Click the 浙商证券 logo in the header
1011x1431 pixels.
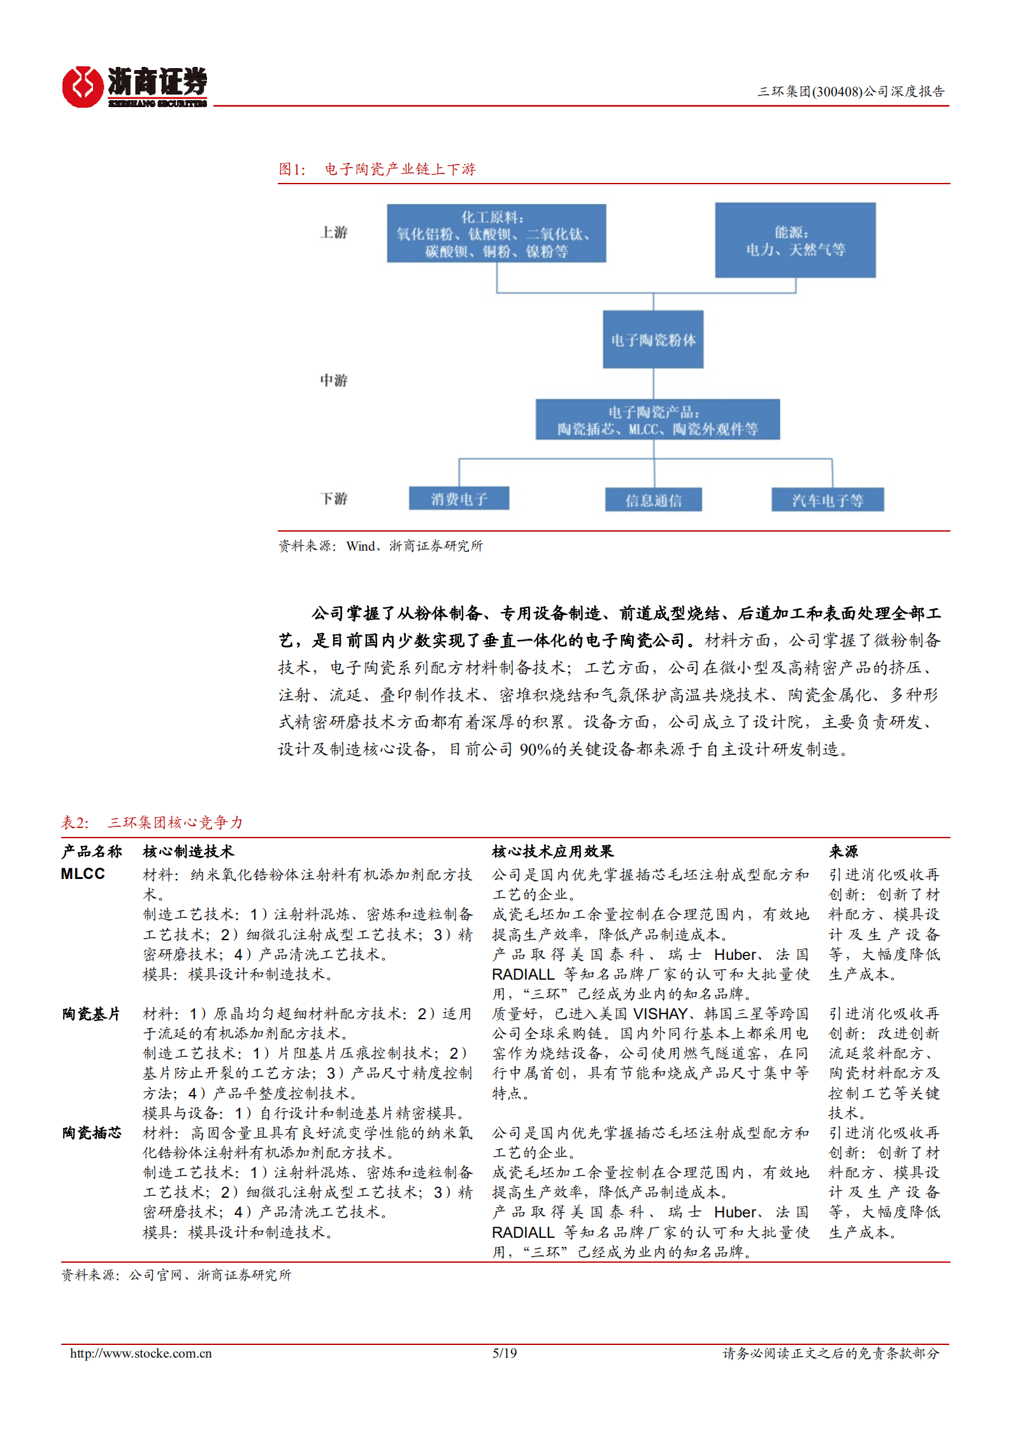tap(134, 87)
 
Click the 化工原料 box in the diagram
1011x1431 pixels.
tap(496, 233)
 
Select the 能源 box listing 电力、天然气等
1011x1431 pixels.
tap(795, 240)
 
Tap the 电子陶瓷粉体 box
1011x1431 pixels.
tap(653, 339)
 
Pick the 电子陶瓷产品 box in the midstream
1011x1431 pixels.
tap(657, 419)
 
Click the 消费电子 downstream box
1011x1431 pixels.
tap(459, 498)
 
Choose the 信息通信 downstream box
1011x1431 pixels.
tap(653, 500)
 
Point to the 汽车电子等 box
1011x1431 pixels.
tap(828, 500)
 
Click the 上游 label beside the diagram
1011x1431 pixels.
tap(334, 232)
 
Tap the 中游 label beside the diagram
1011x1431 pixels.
tap(334, 380)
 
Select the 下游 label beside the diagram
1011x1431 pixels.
tap(334, 498)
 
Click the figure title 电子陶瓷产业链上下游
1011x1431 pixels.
tap(400, 169)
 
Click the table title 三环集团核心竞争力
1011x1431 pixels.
tap(175, 822)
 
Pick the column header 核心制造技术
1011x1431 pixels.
tap(189, 851)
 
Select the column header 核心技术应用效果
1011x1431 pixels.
tap(552, 851)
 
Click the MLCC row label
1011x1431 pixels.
tap(83, 873)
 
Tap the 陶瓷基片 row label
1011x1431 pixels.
tap(91, 1013)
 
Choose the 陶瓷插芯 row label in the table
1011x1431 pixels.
tap(91, 1133)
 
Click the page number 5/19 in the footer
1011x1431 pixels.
tap(505, 1353)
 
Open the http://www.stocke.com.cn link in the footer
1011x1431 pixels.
tap(141, 1353)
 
